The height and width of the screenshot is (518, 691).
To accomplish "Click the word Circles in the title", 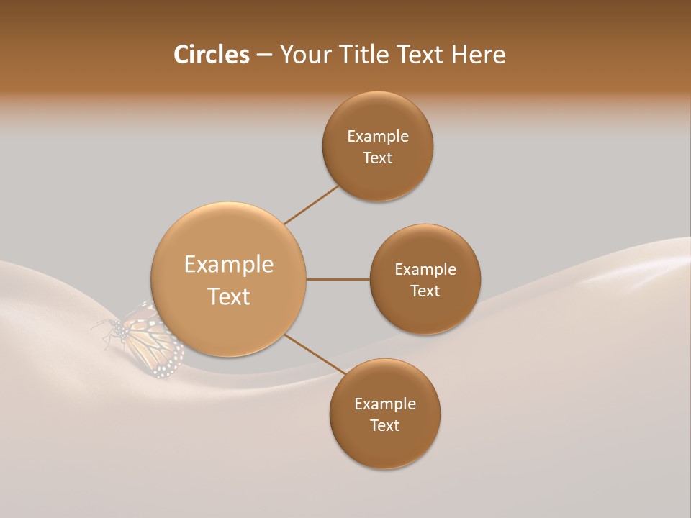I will (x=211, y=55).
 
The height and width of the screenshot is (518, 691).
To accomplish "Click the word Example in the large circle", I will (x=228, y=265).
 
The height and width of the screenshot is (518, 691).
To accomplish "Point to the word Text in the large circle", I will (x=228, y=296).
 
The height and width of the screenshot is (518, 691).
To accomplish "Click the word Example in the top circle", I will (x=377, y=137).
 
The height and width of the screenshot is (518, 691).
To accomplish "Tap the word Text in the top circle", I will (x=377, y=158).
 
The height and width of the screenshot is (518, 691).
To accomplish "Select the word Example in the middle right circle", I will (x=425, y=270).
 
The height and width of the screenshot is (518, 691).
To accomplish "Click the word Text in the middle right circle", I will (x=425, y=291).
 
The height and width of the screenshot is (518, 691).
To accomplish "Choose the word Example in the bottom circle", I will (x=384, y=404).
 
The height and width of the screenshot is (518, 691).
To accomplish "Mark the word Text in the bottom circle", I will (x=384, y=426).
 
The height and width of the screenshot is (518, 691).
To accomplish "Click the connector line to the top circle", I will (x=311, y=204).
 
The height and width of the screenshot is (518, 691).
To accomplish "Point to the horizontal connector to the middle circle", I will (x=338, y=279).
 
